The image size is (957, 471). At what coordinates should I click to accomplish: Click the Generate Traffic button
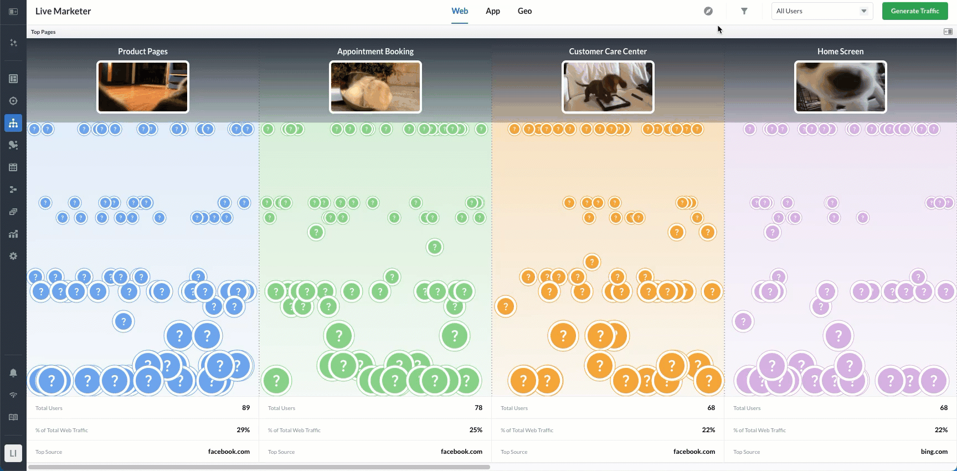[x=915, y=11]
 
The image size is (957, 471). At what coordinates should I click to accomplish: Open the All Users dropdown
[x=822, y=11]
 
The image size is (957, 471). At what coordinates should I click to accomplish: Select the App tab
[x=492, y=11]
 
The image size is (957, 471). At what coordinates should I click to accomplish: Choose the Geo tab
[x=524, y=11]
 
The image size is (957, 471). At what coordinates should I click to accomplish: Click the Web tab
[x=460, y=11]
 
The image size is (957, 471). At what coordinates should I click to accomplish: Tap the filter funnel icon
[x=744, y=11]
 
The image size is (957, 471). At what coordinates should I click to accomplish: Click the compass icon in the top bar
[x=708, y=11]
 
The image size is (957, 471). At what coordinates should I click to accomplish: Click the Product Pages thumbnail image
[x=143, y=87]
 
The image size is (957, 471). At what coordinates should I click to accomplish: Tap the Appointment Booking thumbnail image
[x=375, y=87]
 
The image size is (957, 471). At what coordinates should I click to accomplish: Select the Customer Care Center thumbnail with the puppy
[x=608, y=87]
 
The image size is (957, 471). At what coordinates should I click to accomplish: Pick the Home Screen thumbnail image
[x=841, y=87]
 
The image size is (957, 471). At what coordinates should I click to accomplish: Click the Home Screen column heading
[x=840, y=52]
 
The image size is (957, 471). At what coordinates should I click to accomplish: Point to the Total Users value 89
[x=246, y=408]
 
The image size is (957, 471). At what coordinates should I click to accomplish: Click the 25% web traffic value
[x=476, y=430]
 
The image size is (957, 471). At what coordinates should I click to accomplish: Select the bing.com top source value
[x=934, y=452]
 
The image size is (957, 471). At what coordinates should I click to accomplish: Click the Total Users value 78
[x=478, y=408]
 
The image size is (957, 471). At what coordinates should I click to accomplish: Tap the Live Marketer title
[x=63, y=11]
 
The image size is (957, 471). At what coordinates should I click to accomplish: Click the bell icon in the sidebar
[x=13, y=373]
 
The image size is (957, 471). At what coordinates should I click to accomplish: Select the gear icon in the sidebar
[x=13, y=256]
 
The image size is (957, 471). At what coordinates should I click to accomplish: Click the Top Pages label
[x=43, y=32]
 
